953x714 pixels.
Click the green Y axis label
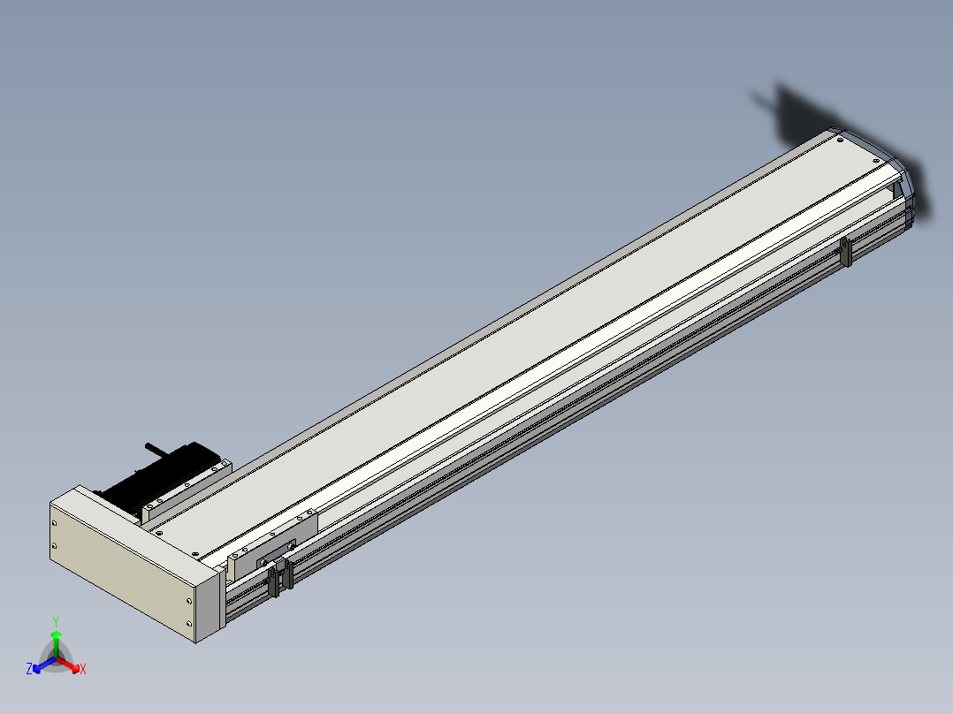tap(56, 621)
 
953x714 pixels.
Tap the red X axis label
tap(83, 669)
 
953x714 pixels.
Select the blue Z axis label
tap(29, 668)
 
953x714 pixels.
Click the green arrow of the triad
tap(56, 643)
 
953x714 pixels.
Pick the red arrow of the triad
tap(69, 665)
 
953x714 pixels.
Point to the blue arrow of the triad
tap(44, 665)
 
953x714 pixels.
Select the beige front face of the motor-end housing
tap(124, 571)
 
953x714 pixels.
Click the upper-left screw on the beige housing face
tap(54, 523)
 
